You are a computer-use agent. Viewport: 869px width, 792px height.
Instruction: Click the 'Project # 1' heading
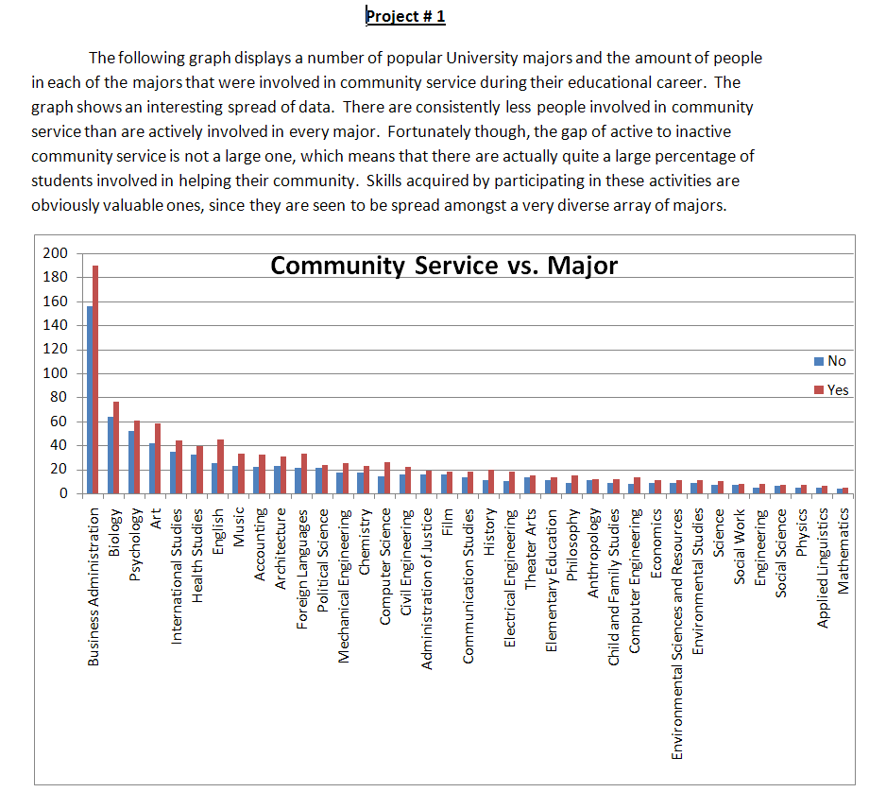(x=405, y=16)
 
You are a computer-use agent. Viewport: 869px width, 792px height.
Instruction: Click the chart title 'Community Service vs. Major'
(x=444, y=266)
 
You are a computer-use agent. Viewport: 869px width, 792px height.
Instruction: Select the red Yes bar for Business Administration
(x=95, y=379)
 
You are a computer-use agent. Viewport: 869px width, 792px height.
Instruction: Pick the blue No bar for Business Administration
(x=90, y=400)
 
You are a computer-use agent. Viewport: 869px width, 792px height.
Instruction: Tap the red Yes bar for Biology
(x=116, y=448)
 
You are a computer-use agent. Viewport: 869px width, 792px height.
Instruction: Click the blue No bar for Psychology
(x=131, y=462)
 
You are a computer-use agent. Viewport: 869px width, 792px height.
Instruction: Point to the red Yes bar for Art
(x=158, y=458)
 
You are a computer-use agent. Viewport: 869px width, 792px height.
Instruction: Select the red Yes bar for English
(x=220, y=467)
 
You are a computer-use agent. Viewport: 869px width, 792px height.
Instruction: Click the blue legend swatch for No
(x=819, y=361)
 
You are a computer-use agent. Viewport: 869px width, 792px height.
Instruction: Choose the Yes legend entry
(x=831, y=390)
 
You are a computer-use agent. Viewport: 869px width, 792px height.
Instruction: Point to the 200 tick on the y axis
(x=56, y=253)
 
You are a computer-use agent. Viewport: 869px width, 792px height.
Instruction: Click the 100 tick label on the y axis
(x=56, y=373)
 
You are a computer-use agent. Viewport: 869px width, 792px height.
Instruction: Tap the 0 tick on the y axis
(x=63, y=493)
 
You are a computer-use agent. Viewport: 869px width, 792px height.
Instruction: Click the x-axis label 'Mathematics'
(x=843, y=551)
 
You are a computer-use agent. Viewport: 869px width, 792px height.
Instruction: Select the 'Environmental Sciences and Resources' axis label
(x=677, y=634)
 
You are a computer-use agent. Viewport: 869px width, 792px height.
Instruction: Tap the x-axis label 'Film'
(x=448, y=522)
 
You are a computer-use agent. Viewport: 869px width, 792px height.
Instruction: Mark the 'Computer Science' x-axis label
(x=385, y=566)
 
